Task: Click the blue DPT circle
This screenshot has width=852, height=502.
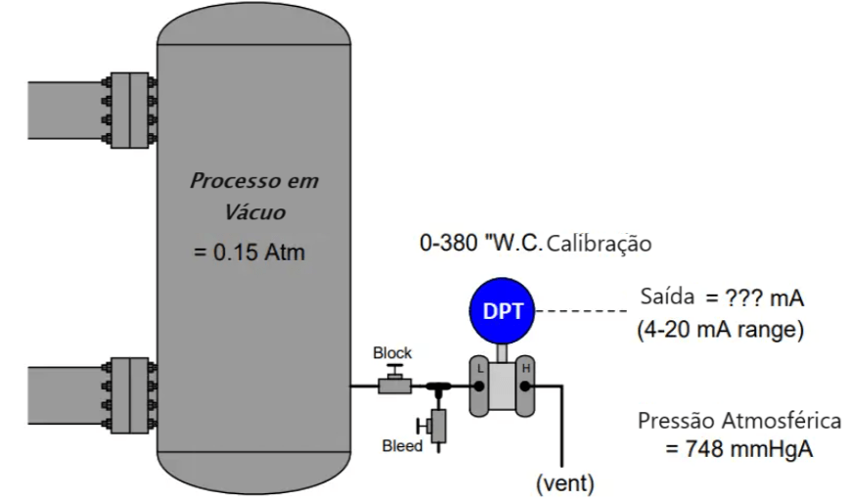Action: (503, 311)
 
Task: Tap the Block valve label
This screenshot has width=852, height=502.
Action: (392, 352)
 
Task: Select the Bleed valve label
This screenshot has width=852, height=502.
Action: (401, 446)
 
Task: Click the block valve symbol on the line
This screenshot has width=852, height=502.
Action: (394, 383)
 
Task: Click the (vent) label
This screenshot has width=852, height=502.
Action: (564, 481)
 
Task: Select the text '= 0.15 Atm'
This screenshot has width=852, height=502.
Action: (249, 252)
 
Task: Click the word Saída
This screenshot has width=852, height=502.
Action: (667, 295)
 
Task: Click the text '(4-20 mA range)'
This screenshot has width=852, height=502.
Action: (719, 330)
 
